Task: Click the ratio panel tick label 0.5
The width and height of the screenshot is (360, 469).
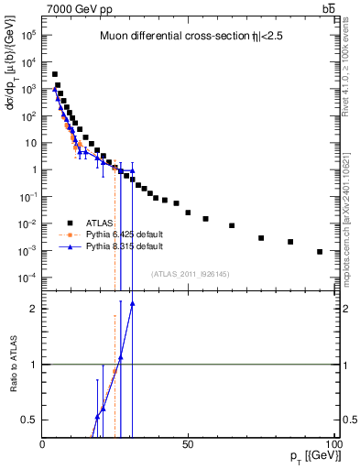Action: click(x=29, y=420)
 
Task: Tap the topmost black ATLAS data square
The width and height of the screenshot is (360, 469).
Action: click(x=55, y=74)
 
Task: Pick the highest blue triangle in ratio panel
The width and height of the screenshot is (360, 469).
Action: click(x=133, y=303)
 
